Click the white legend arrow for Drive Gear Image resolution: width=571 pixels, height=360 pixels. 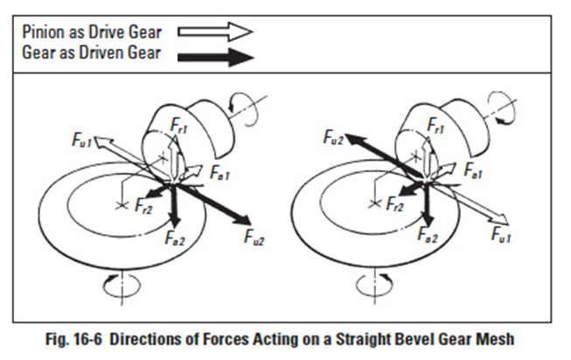(214, 31)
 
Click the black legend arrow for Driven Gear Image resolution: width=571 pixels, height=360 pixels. (214, 58)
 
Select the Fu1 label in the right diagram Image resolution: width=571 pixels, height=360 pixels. (502, 234)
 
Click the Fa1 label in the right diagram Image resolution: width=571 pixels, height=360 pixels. (476, 172)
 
